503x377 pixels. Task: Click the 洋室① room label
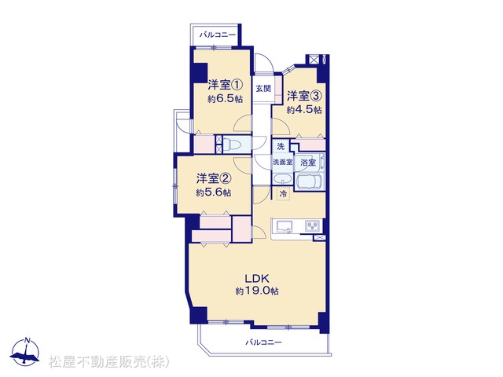pyautogui.click(x=225, y=86)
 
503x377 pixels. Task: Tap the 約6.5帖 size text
pyautogui.click(x=225, y=100)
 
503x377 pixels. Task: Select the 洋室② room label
pyautogui.click(x=213, y=178)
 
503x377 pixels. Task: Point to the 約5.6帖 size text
pyautogui.click(x=213, y=192)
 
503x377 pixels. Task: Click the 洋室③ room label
pyautogui.click(x=304, y=96)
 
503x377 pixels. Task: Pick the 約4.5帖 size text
pyautogui.click(x=304, y=110)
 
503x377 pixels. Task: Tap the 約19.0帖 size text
pyautogui.click(x=257, y=291)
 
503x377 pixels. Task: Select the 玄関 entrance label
pyautogui.click(x=263, y=89)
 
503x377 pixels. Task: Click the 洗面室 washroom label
pyautogui.click(x=283, y=163)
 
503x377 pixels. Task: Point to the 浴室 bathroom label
pyautogui.click(x=308, y=163)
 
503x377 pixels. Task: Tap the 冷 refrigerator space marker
pyautogui.click(x=283, y=194)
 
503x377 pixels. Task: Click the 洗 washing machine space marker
pyautogui.click(x=281, y=147)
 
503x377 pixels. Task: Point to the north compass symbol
pyautogui.click(x=24, y=352)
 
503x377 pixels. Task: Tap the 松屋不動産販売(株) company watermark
pyautogui.click(x=108, y=362)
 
